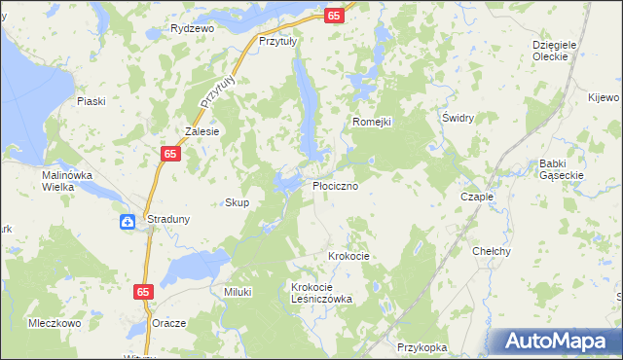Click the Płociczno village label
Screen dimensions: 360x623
[341, 184]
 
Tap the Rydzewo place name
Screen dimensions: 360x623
[192, 28]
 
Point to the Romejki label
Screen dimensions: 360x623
[371, 122]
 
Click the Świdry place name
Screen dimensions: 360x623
[458, 118]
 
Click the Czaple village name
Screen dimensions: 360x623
[477, 196]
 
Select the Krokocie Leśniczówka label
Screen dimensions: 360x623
[321, 293]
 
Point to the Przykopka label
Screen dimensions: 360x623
[421, 346]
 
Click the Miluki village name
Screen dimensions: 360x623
[238, 292]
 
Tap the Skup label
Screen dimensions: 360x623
[238, 202]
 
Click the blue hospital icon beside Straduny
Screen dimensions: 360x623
[128, 221]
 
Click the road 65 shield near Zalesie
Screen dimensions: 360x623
[170, 154]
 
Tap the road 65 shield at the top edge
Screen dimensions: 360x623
[334, 17]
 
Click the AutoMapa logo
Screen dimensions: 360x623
[555, 342]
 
